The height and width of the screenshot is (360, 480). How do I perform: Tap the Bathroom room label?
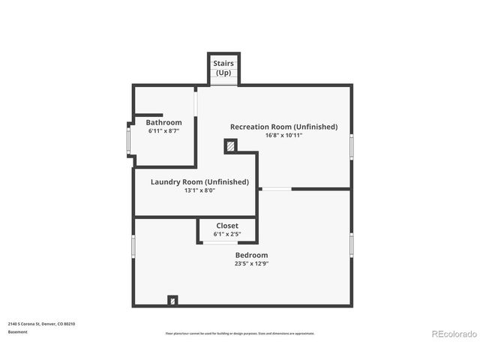point(163,122)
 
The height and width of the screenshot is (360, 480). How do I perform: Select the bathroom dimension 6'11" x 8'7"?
point(163,131)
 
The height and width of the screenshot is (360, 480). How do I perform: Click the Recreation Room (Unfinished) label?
point(283,127)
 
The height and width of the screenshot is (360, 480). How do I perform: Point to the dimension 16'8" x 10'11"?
point(283,136)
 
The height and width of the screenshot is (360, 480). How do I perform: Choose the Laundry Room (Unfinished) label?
point(199,181)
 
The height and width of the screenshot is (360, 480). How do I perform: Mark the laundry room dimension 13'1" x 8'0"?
point(199,190)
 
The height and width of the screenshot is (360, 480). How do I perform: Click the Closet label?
point(227,226)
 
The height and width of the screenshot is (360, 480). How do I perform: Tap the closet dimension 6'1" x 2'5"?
point(227,234)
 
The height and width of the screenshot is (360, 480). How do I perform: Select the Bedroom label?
point(251,255)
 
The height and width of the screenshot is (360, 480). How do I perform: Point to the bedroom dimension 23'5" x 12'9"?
point(251,263)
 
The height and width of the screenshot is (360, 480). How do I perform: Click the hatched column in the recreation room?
point(230,147)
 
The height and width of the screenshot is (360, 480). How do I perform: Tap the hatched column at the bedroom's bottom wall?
point(173,301)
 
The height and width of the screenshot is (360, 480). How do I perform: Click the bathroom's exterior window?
point(129,138)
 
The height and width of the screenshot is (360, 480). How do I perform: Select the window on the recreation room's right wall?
point(351,145)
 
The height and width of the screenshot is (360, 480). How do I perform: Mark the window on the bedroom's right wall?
point(351,244)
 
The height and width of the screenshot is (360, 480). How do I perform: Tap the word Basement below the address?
point(18,331)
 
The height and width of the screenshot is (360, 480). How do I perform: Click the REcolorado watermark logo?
point(454,334)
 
